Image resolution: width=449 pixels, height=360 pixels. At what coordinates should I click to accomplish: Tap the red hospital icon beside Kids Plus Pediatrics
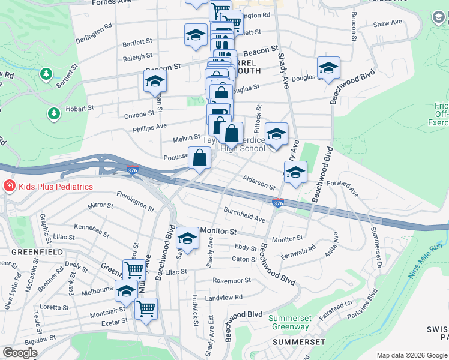coord(9,186)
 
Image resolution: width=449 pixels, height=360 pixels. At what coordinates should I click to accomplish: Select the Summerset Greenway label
coord(289,322)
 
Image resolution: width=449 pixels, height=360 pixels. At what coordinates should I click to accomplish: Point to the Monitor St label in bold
coord(220,230)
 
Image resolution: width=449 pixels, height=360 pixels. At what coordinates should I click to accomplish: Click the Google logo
coord(20,353)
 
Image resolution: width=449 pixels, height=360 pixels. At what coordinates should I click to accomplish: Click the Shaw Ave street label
coord(387,23)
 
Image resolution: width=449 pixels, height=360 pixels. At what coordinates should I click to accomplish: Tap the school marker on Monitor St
coord(187,238)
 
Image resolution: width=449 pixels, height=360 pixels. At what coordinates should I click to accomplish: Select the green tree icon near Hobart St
coord(54,113)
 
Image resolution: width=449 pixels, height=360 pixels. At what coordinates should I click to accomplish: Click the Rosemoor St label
coord(232,280)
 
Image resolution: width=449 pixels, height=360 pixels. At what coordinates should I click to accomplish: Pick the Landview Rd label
coord(223,297)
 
